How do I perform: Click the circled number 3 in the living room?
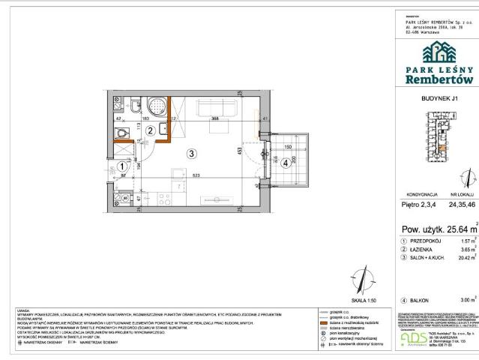(x=192, y=154)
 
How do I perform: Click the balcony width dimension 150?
(x=287, y=148)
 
